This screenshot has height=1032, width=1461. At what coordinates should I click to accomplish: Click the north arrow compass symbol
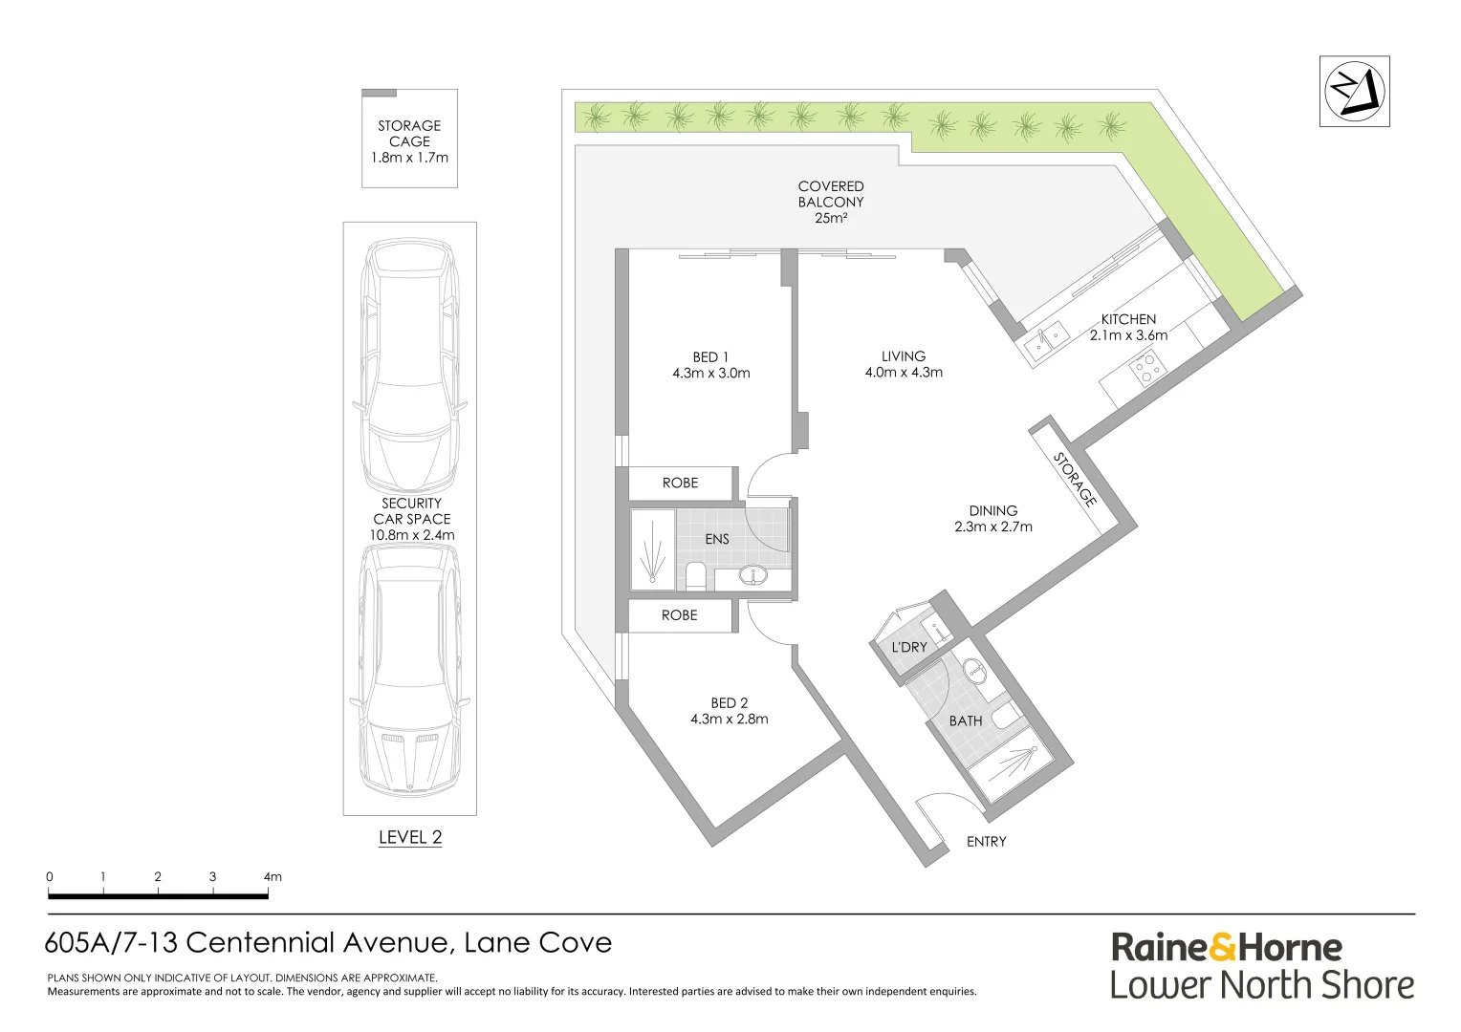(1354, 92)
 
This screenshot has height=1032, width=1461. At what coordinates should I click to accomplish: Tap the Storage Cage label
(409, 140)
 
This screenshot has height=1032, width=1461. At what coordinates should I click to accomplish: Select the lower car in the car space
(409, 669)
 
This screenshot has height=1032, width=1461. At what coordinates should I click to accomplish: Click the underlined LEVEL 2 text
(410, 837)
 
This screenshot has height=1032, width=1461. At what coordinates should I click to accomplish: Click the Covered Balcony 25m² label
(831, 202)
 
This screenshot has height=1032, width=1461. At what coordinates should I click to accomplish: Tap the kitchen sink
(1046, 336)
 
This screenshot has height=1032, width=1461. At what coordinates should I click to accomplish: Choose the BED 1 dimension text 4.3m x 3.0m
(710, 373)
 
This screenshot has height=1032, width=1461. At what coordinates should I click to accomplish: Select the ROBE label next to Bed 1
(680, 483)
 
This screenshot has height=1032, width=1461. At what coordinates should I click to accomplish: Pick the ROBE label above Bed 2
(679, 614)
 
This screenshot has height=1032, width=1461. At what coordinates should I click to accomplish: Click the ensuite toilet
(695, 575)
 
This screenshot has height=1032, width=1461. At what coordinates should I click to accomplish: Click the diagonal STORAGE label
(1074, 479)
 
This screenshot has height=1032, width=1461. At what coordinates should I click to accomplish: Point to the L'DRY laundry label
(908, 647)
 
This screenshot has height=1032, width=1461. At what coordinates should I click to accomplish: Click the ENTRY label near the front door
(986, 841)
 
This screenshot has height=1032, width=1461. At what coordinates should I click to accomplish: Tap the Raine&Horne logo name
(1227, 947)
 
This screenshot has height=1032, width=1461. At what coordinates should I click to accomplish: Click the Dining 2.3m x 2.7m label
(992, 518)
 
